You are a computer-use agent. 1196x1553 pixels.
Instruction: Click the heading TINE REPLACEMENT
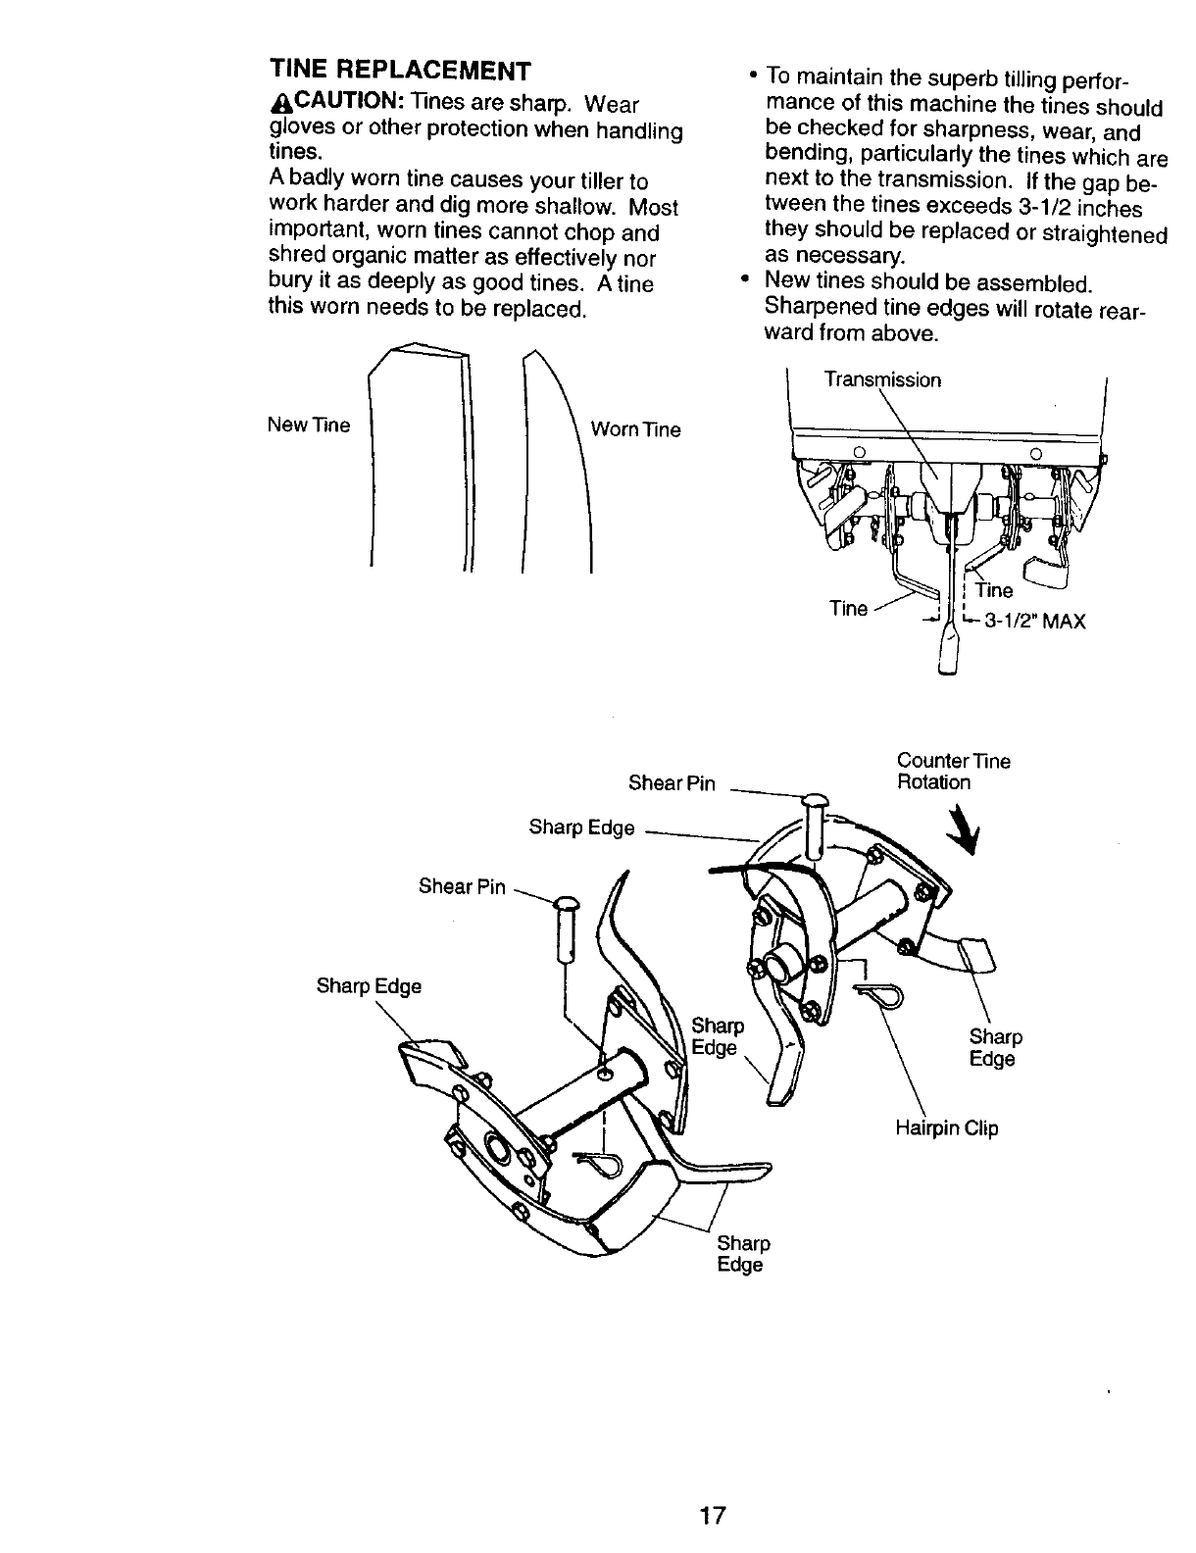(400, 72)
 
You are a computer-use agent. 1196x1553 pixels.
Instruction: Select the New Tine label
(309, 426)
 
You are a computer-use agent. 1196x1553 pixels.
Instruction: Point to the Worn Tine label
(635, 429)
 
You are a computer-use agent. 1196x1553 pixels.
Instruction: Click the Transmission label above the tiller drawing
(882, 379)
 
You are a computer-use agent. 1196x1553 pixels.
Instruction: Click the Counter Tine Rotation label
(953, 772)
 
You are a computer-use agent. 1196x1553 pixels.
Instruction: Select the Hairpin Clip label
(946, 1128)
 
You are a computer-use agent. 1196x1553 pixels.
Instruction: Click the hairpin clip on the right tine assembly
(881, 997)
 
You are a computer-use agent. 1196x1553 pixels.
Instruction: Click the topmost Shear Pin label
(672, 783)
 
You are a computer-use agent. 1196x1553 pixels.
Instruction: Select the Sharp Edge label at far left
(369, 986)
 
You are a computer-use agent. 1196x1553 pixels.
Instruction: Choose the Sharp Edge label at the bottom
(743, 1254)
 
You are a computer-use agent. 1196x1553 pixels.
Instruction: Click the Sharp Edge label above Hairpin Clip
(995, 1048)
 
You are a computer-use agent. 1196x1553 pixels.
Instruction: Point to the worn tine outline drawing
(559, 461)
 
